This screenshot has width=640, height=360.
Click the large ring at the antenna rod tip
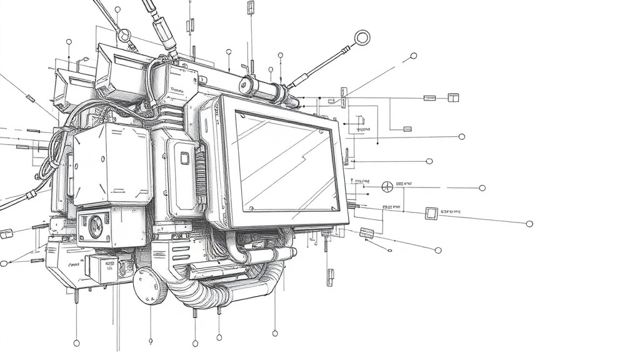(361, 37)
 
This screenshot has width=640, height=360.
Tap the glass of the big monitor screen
(285, 161)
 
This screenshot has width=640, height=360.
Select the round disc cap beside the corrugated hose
(149, 286)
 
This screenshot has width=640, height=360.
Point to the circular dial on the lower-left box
(96, 226)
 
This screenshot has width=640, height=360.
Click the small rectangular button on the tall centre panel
(184, 158)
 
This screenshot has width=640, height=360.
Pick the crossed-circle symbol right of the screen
(387, 186)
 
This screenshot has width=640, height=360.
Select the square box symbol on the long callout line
(431, 213)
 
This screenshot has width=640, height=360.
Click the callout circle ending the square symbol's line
(529, 224)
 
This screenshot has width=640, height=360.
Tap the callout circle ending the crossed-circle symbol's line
(482, 187)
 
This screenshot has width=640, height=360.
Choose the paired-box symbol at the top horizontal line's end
(453, 97)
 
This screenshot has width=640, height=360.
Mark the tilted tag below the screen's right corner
(367, 234)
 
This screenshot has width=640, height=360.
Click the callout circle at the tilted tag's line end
(437, 250)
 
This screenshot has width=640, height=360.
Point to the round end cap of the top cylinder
(247, 84)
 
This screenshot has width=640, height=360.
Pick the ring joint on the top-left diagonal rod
(126, 35)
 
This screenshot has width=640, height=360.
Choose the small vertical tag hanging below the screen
(330, 276)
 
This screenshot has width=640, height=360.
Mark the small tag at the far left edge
(6, 234)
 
